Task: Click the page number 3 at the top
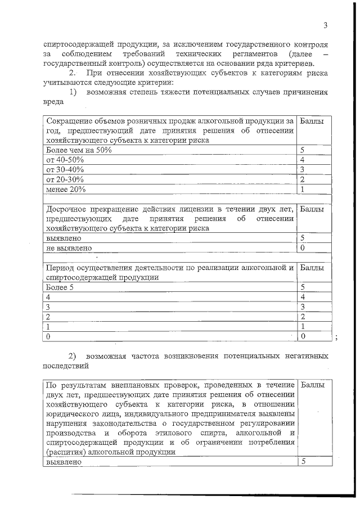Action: [x=325, y=25]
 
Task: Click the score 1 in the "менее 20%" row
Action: [x=303, y=189]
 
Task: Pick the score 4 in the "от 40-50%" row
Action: [x=303, y=160]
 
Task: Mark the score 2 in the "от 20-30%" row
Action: [x=303, y=179]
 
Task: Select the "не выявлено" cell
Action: [x=69, y=247]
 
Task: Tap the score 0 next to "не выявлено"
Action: [x=303, y=247]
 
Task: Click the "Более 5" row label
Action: [x=60, y=287]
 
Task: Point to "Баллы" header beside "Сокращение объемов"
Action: [x=312, y=121]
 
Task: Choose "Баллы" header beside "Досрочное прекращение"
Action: [x=312, y=209]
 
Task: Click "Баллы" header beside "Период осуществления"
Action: [x=312, y=268]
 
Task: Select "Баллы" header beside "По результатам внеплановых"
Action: [x=312, y=385]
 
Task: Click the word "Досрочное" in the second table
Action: [x=66, y=209]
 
